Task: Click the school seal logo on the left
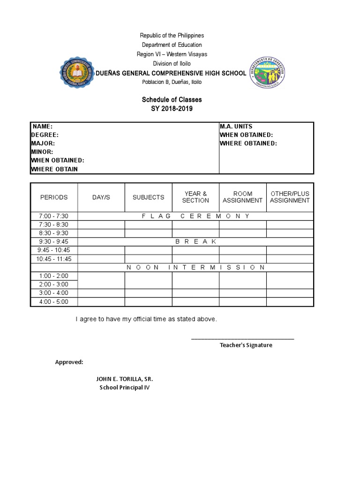(x=77, y=74)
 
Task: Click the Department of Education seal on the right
(x=267, y=73)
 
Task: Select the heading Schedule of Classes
(x=172, y=100)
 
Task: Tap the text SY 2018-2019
(x=172, y=109)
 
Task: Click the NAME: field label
(x=42, y=127)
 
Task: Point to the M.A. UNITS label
(x=236, y=127)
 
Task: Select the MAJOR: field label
(x=43, y=143)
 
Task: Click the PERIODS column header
(x=54, y=197)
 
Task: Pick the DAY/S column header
(x=101, y=197)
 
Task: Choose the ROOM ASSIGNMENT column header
(x=242, y=197)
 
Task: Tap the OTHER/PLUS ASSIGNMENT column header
(x=290, y=197)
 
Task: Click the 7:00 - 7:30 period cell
(x=54, y=216)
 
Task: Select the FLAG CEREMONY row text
(x=195, y=216)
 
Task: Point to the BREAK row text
(x=195, y=241)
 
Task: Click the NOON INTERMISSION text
(x=195, y=267)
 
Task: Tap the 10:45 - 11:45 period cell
(x=54, y=259)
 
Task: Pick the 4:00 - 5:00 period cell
(x=54, y=302)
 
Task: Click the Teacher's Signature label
(x=246, y=345)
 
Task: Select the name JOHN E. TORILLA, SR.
(x=125, y=379)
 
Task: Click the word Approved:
(x=69, y=362)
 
